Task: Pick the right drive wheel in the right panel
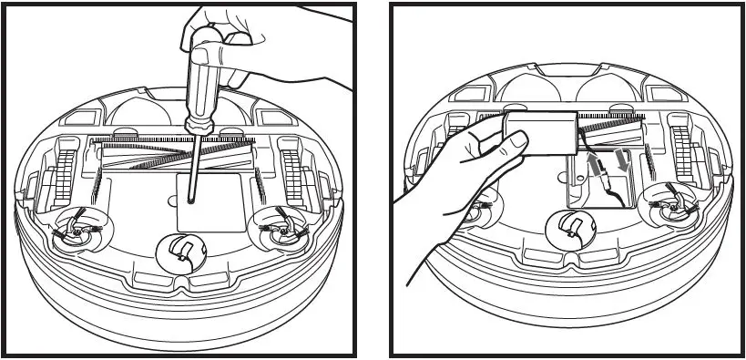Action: (680, 150)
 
